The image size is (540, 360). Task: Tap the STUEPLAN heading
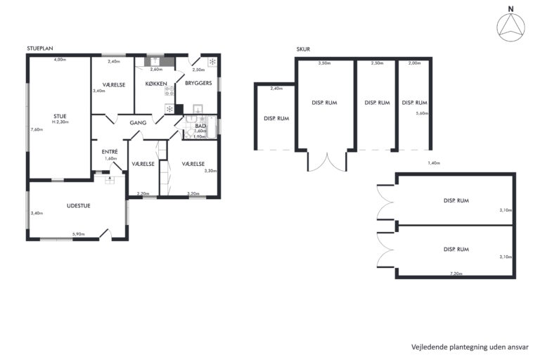(40, 49)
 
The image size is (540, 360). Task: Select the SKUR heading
(303, 49)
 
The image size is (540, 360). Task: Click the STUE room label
(60, 117)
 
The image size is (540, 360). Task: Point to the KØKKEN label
(156, 84)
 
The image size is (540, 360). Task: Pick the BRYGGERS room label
(198, 83)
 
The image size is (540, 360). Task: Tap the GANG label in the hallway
(138, 122)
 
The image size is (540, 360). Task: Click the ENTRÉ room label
(110, 152)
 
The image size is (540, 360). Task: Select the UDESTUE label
(79, 206)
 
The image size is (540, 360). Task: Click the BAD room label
(200, 126)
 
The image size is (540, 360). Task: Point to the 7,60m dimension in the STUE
(37, 129)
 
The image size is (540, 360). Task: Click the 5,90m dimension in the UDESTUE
(79, 234)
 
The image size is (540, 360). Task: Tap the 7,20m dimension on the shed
(456, 274)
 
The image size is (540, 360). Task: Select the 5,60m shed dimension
(422, 113)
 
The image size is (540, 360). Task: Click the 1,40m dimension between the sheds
(434, 163)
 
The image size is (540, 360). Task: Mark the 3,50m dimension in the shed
(324, 63)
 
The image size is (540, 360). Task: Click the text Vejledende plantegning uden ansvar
(470, 347)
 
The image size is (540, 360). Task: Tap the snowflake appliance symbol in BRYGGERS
(212, 62)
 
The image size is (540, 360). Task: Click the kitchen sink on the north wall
(155, 62)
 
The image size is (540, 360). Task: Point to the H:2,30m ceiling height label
(60, 122)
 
